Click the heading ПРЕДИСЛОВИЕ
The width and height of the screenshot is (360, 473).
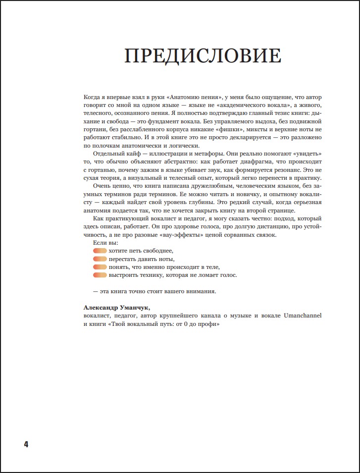[203, 56]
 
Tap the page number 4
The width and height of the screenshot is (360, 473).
[26, 444]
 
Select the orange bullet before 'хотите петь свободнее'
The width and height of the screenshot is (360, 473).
[100, 251]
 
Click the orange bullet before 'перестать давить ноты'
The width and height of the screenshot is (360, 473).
[100, 259]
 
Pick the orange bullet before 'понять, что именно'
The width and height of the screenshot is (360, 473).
[100, 267]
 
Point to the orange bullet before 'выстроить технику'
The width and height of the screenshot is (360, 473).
[100, 275]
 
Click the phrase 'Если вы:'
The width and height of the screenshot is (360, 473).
[105, 243]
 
